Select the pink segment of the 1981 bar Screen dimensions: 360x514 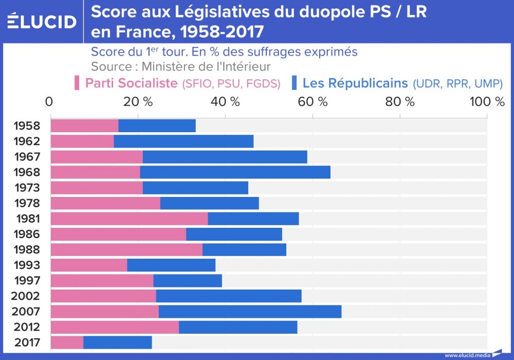pos(129,219)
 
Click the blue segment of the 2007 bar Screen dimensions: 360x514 pos(250,312)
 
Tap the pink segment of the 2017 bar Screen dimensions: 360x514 pos(67,343)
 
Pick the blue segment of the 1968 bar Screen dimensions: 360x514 pos(235,172)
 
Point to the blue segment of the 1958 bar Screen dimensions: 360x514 pos(157,125)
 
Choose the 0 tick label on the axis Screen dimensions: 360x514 pos(49,102)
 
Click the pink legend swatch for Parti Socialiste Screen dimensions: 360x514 pos(77,83)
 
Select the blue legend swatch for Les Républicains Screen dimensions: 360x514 pos(295,83)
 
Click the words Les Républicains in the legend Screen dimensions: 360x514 pos(355,83)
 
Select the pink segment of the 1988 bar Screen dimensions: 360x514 pos(126,250)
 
